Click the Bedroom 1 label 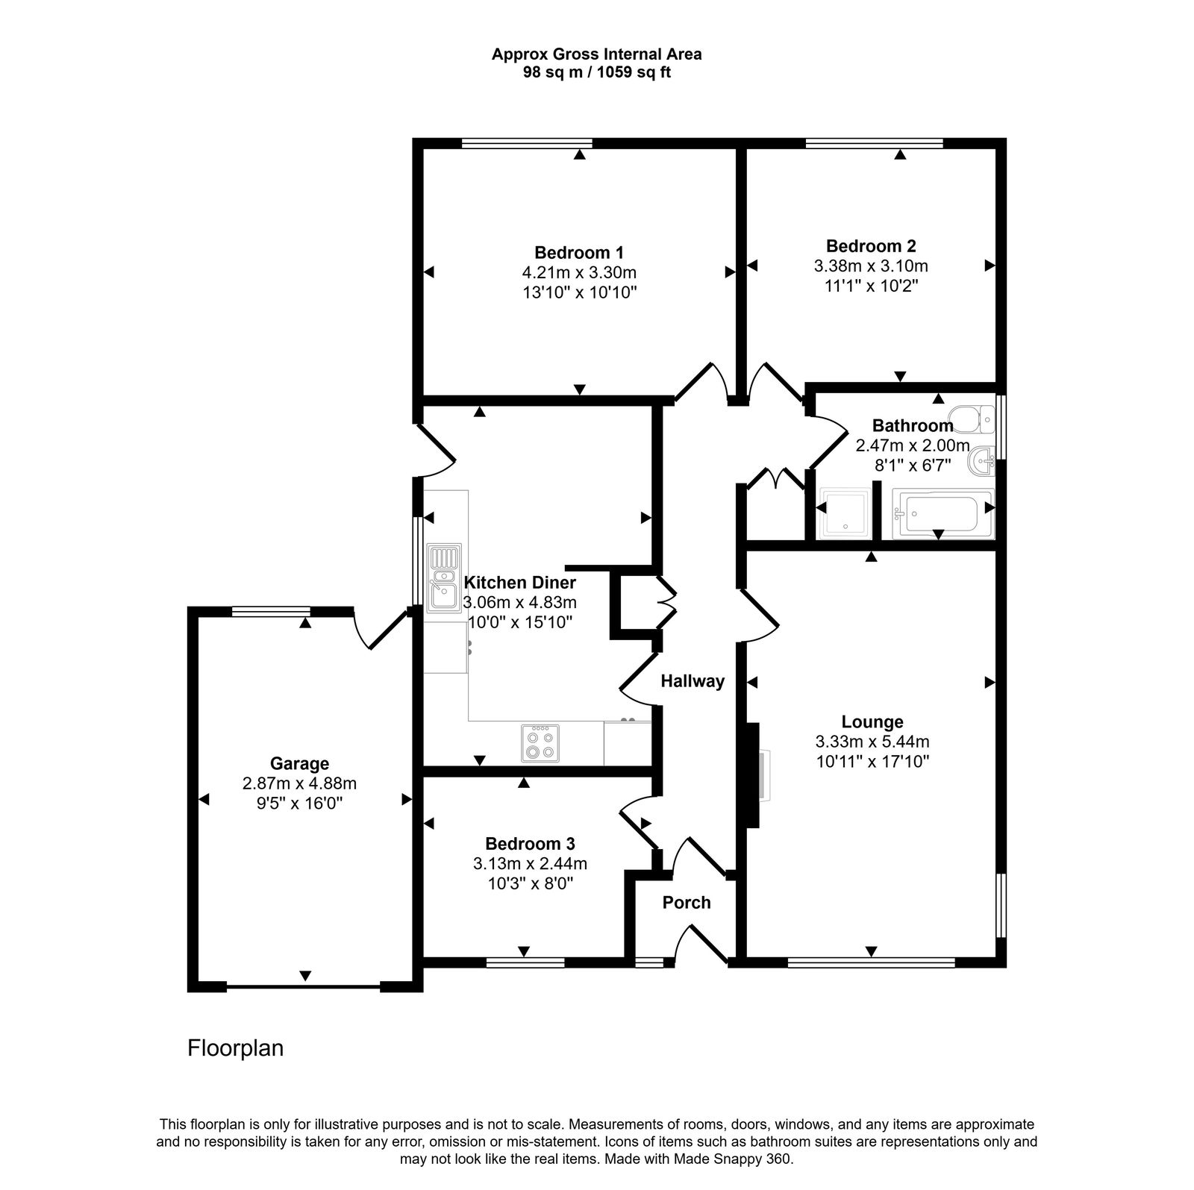579,252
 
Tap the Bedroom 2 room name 871,245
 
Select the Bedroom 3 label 530,844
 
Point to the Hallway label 693,680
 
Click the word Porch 687,902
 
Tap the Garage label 299,763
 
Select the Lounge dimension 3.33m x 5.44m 872,742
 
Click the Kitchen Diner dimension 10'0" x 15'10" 520,621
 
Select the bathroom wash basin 982,460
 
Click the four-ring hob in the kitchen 540,743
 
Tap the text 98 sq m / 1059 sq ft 596,72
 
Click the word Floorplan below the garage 235,1048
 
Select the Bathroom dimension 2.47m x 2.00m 912,445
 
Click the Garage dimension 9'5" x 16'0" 299,804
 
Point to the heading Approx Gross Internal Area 596,54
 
